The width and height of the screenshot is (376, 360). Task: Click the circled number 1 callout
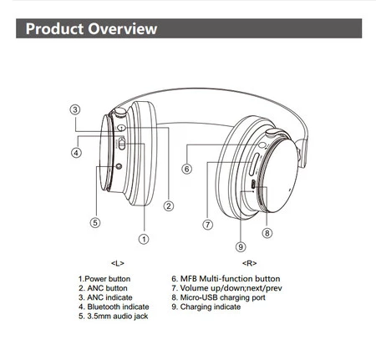(x=144, y=239)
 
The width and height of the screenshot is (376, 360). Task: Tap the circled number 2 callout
(x=169, y=206)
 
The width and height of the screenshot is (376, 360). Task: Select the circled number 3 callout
(x=75, y=109)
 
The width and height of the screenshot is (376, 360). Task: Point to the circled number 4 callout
(x=76, y=152)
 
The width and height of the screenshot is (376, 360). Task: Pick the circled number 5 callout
(x=95, y=222)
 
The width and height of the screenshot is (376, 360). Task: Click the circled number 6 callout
(x=187, y=169)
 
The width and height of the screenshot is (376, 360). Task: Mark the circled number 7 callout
(x=208, y=225)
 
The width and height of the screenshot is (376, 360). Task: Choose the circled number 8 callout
(x=267, y=233)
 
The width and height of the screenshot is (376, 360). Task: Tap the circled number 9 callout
(x=241, y=246)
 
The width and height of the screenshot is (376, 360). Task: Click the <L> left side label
(x=118, y=263)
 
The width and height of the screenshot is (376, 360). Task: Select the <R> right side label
(x=250, y=263)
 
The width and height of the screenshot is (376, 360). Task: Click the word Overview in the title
(x=123, y=28)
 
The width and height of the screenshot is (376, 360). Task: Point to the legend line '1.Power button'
(x=104, y=279)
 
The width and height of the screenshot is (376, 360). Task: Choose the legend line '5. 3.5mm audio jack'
(x=114, y=317)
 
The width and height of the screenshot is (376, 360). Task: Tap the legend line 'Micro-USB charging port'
(x=222, y=297)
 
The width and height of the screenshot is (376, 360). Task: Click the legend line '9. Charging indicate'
(x=206, y=307)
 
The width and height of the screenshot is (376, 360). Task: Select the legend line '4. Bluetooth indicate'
(x=114, y=307)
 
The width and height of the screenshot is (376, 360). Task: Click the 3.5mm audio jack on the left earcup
(x=119, y=166)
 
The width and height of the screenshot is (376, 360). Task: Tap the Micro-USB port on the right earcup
(x=253, y=184)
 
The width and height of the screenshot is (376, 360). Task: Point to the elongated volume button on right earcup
(x=254, y=165)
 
